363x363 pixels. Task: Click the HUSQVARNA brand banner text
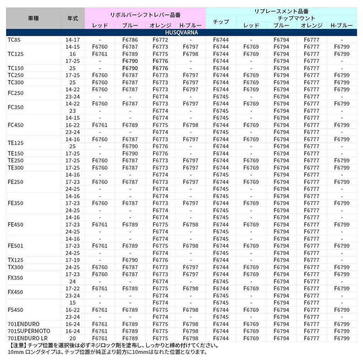coord(181,33)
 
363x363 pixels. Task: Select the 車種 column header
coord(33,18)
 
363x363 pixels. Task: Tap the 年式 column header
coord(73,18)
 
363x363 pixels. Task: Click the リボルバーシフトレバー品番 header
coord(145,15)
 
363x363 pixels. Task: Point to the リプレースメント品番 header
coord(281,11)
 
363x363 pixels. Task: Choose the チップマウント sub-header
coord(296,18)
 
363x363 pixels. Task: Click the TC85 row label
coord(14,40)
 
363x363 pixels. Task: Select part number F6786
coord(130,40)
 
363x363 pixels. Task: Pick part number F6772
coord(160,40)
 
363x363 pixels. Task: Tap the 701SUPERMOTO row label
coord(29,331)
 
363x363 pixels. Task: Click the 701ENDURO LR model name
coord(27,338)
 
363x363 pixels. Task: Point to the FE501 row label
coord(15,246)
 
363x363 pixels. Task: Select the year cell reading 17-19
coord(73,260)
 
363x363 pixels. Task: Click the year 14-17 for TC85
coord(73,40)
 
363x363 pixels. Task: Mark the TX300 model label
coord(15,267)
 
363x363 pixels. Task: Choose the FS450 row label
coord(15,310)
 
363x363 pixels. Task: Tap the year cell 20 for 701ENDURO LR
coord(73,338)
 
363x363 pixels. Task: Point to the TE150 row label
coord(15,153)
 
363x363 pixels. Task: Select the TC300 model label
coord(15,82)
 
